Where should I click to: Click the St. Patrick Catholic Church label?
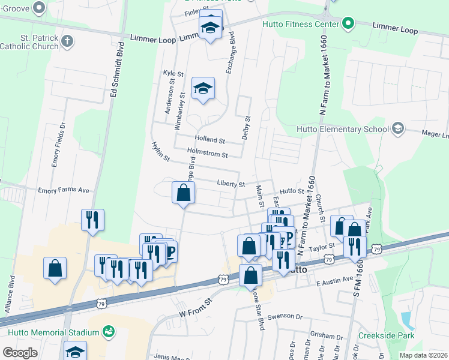(29, 41)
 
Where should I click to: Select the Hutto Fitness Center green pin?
(348, 25)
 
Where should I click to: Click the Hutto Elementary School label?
(343, 128)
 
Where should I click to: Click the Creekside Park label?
(386, 335)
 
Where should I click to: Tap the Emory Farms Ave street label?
(63, 190)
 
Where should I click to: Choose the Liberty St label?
(231, 184)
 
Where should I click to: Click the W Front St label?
(196, 308)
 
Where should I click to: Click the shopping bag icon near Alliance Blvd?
(55, 268)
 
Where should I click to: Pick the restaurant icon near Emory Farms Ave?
(92, 220)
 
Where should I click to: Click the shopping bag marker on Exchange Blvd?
(183, 193)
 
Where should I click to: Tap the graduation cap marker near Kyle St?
(203, 89)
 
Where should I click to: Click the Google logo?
(20, 353)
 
